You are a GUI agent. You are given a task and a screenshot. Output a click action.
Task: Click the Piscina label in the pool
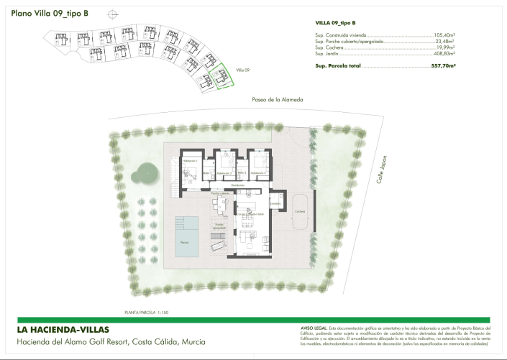point(185,243)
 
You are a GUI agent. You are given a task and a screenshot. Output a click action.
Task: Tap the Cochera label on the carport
point(299,211)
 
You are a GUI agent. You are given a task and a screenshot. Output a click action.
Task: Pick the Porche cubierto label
point(220,193)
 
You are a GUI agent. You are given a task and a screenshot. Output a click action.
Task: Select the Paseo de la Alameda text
point(277,99)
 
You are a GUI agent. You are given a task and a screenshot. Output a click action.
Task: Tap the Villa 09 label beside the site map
point(243,70)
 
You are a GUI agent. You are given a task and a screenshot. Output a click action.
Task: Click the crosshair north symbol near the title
point(110,14)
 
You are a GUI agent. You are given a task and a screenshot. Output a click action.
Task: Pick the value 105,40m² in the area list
point(445,34)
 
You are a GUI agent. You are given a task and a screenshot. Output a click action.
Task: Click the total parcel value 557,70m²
point(444,65)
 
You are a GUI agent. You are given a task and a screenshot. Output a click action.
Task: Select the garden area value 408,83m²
point(444,54)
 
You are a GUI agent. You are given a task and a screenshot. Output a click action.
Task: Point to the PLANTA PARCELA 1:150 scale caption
point(146,313)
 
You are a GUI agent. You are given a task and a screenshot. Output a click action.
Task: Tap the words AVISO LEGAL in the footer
point(314,328)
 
